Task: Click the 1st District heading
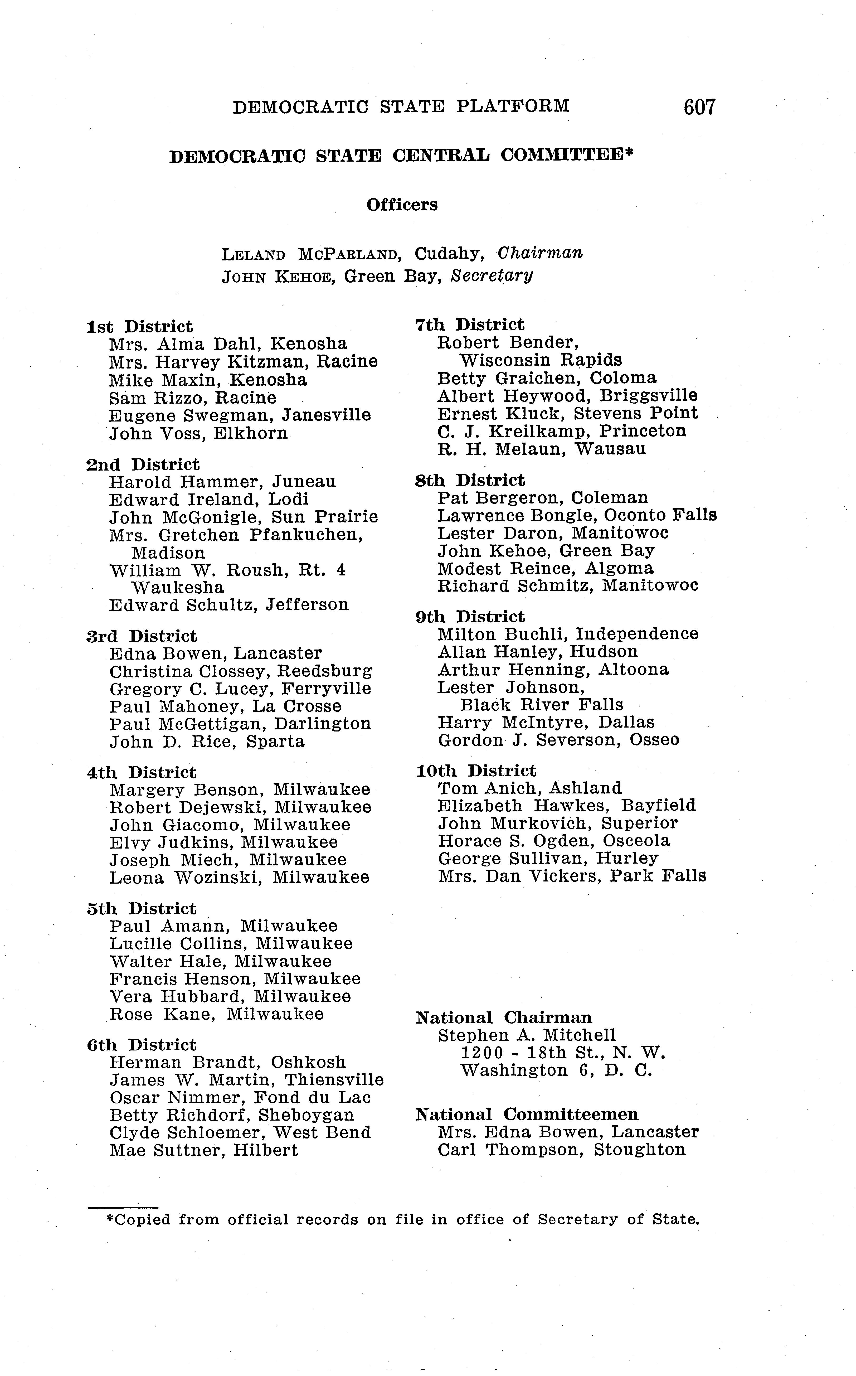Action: pyautogui.click(x=139, y=327)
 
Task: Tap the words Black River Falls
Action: pyautogui.click(x=541, y=705)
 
